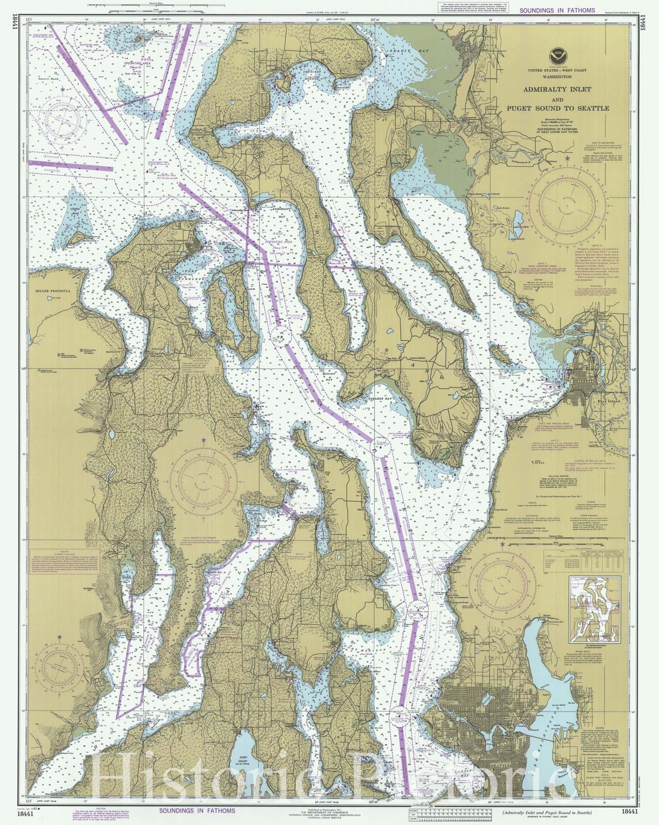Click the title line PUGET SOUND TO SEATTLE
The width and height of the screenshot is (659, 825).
[x=550, y=108]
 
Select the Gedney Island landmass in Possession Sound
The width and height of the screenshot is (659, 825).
[x=498, y=353]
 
